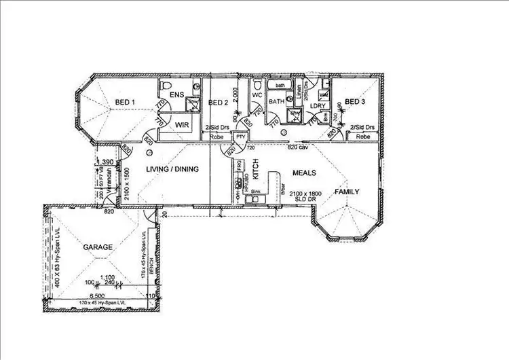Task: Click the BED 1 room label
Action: pos(125,103)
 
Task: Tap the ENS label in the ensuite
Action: pos(177,94)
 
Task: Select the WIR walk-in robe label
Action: pos(181,126)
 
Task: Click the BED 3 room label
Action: pos(356,103)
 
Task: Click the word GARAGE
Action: pos(98,248)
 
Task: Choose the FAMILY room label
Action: pos(347,192)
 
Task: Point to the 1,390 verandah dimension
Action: pos(105,162)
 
